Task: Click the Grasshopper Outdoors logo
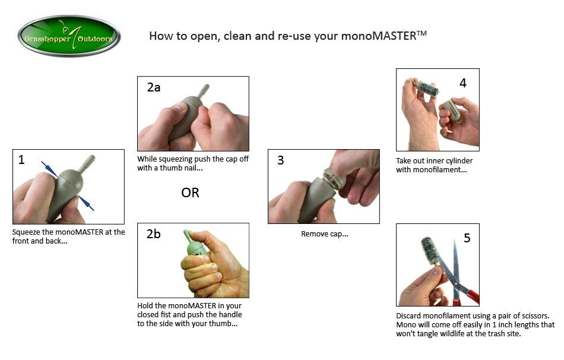[69, 36]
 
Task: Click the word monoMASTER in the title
[378, 36]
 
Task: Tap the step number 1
[21, 159]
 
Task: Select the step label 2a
[154, 87]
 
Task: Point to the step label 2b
[154, 234]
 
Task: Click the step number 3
[281, 160]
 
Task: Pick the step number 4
[463, 83]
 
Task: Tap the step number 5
[467, 238]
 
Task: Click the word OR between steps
[190, 193]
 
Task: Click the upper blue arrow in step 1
[49, 169]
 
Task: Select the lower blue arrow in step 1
[86, 203]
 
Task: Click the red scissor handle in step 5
[471, 296]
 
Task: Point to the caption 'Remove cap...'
[324, 234]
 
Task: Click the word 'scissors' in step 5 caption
[536, 315]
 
